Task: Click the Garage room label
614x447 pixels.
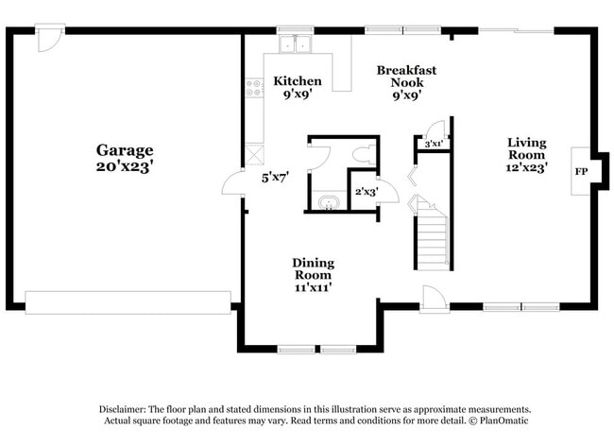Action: tap(125, 149)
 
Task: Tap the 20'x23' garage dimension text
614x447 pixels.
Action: tap(125, 166)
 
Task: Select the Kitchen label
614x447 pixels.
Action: tap(297, 81)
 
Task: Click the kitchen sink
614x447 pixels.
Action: tap(296, 45)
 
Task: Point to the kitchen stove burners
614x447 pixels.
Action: tap(253, 88)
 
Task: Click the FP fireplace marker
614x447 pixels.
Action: tap(582, 172)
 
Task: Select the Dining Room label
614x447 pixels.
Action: tap(313, 268)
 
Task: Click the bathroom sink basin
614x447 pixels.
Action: tap(328, 201)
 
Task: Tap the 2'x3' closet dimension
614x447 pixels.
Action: tap(366, 192)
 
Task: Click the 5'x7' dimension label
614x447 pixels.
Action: tap(274, 177)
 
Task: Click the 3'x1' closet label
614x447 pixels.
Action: tap(434, 144)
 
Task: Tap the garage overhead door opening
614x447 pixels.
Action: tap(128, 301)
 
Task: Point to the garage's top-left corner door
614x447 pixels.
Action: tap(50, 38)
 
